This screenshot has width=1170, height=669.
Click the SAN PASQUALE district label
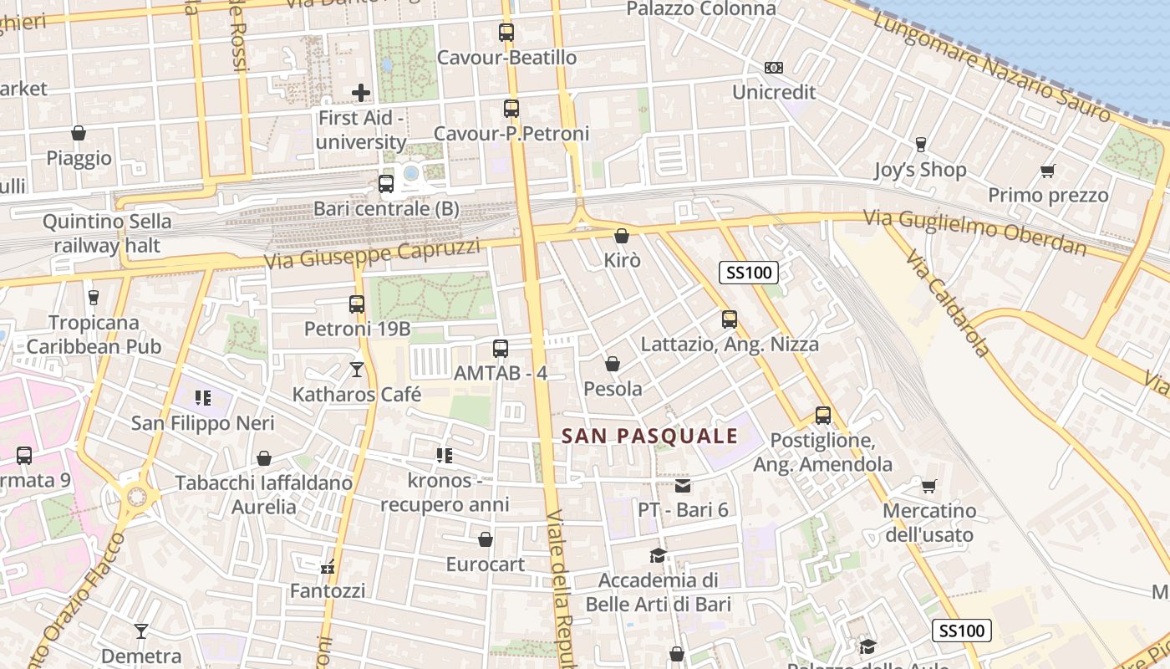[650, 436]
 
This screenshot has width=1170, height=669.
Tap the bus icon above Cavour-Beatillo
[506, 33]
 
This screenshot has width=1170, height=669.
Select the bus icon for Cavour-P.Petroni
[511, 109]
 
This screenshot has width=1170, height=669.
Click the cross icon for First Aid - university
[361, 92]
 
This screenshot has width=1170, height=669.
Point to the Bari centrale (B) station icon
[386, 184]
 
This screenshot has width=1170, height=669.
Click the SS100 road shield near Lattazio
[749, 272]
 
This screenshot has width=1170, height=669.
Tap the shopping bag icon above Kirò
[621, 236]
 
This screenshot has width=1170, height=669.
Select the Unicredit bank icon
[774, 68]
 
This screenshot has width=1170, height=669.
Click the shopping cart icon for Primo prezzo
[1048, 171]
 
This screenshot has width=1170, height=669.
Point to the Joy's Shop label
[920, 170]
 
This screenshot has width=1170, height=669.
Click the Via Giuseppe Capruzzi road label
[372, 253]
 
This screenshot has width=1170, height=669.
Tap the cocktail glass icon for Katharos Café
[357, 369]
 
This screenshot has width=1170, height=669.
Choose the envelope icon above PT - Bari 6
[683, 486]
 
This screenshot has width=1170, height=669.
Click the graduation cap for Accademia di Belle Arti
[659, 555]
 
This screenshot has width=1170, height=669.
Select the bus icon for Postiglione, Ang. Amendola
[823, 416]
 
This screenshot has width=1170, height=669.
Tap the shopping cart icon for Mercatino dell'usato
[928, 486]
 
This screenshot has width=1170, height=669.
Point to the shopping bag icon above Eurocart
[486, 539]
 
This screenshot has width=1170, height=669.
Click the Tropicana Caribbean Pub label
[94, 334]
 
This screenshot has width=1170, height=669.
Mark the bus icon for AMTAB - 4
[501, 349]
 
